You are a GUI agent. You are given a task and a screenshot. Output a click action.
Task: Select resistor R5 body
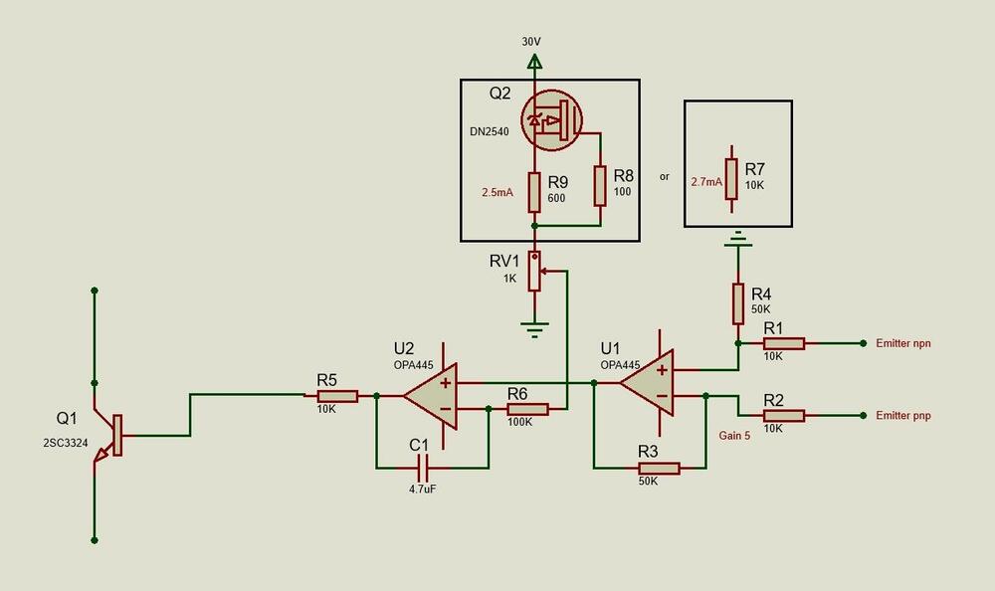tap(336, 395)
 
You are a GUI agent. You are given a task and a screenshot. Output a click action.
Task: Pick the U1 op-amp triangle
tap(646, 382)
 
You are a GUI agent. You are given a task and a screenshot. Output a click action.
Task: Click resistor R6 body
tap(526, 408)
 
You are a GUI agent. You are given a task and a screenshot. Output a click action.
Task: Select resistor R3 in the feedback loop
tap(658, 468)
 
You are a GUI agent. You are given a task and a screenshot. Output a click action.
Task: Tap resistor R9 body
tap(535, 192)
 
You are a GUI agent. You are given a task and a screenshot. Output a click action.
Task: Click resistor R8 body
tap(599, 185)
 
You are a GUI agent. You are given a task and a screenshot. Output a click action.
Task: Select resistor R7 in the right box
tap(731, 179)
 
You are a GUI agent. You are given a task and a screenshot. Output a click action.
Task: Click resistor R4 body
tap(737, 303)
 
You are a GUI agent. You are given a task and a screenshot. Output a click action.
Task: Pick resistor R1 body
tap(783, 343)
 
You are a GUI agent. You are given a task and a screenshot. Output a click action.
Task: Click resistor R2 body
tap(783, 415)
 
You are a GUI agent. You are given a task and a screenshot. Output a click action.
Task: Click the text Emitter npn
tap(909, 343)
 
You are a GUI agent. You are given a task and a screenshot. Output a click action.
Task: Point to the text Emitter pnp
tap(909, 415)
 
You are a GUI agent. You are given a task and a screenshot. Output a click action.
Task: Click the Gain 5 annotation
tap(735, 435)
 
